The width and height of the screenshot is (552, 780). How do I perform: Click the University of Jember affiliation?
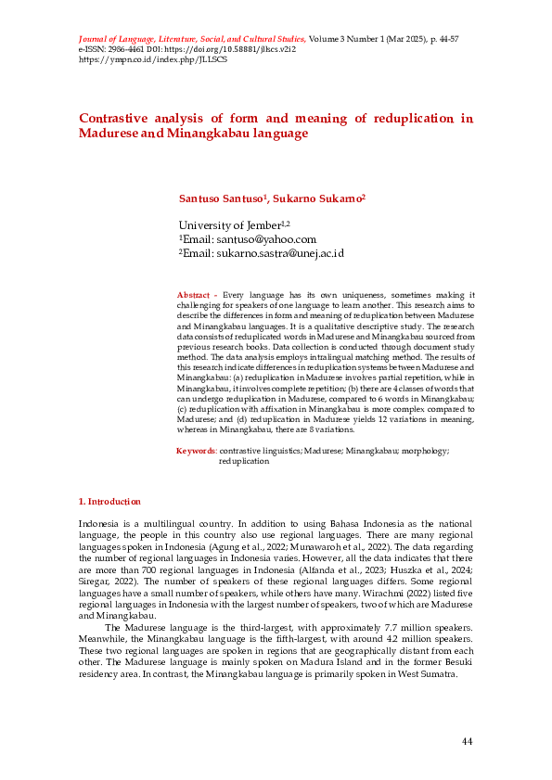coord(229,225)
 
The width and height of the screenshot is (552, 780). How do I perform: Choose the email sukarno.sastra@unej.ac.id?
coord(280,253)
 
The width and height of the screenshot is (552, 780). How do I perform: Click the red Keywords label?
coord(197,451)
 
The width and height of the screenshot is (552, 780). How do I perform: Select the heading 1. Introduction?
coord(109,502)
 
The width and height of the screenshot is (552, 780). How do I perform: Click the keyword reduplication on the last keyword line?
coord(244,461)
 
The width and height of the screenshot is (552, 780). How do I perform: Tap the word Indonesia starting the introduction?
coord(99,524)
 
